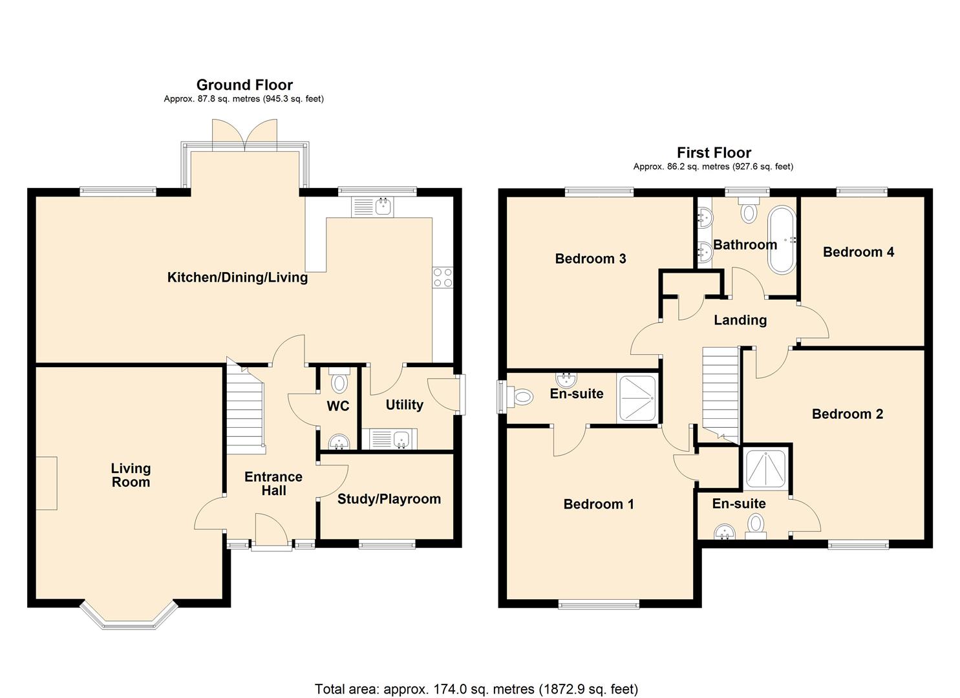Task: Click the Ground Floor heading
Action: [x=244, y=85]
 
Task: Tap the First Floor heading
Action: [x=714, y=153]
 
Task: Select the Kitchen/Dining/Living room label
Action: [x=237, y=277]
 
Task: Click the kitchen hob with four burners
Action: [x=443, y=278]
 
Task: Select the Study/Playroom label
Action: [x=389, y=499]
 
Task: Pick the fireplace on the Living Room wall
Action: [x=47, y=483]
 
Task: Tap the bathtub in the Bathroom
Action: [x=782, y=240]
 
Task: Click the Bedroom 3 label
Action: [x=591, y=259]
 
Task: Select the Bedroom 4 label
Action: [x=859, y=251]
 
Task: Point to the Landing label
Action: [x=740, y=320]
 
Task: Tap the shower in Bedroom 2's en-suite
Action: [x=765, y=469]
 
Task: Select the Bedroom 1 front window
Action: [x=599, y=604]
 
